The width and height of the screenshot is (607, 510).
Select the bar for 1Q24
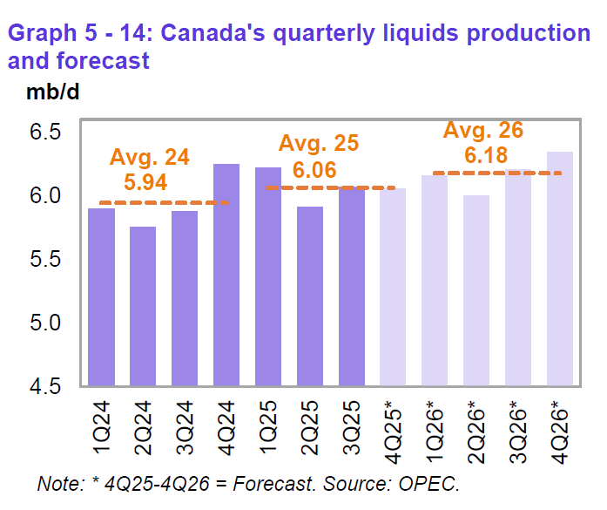click(x=101, y=296)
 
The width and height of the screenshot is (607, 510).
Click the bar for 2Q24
click(x=143, y=305)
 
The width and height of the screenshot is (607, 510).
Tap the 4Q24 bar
click(x=226, y=275)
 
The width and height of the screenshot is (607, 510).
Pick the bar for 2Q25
click(x=310, y=296)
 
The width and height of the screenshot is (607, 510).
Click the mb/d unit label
click(x=41, y=92)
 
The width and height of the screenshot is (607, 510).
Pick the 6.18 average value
click(x=484, y=155)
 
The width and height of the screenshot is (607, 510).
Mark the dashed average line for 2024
click(x=165, y=203)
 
